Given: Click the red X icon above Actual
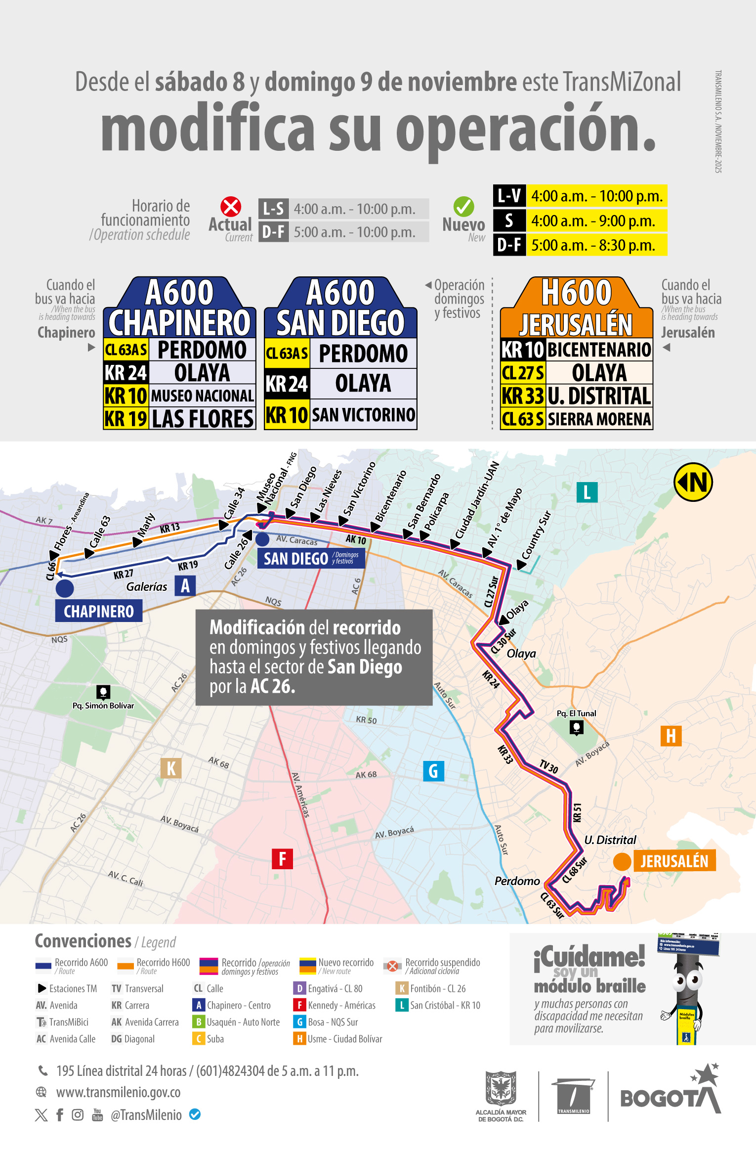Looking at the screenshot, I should pyautogui.click(x=231, y=207).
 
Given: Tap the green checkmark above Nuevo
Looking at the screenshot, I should pyautogui.click(x=463, y=207).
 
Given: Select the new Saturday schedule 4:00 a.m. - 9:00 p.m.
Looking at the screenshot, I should pyautogui.click(x=593, y=221).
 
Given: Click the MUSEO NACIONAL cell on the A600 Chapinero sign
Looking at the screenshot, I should pyautogui.click(x=202, y=396).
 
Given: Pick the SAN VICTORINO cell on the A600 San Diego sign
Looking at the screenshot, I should pyautogui.click(x=363, y=414).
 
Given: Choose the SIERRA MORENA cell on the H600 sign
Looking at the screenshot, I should pyautogui.click(x=599, y=419).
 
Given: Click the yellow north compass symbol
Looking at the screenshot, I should pyautogui.click(x=693, y=482).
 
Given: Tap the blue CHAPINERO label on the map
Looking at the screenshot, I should pyautogui.click(x=98, y=611).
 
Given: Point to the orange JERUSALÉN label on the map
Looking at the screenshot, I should pyautogui.click(x=674, y=861).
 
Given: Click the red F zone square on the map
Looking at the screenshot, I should pyautogui.click(x=283, y=859).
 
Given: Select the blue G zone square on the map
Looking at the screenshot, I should pyautogui.click(x=433, y=771).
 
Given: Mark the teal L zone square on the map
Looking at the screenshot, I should pyautogui.click(x=587, y=492).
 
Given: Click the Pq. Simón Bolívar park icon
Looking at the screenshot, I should pyautogui.click(x=103, y=692).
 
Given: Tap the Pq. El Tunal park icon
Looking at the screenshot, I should pyautogui.click(x=576, y=727).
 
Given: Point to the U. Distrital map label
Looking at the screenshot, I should pyautogui.click(x=610, y=840).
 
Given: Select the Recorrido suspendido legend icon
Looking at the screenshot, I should pyautogui.click(x=392, y=966).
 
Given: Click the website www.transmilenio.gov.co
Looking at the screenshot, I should pyautogui.click(x=118, y=1092).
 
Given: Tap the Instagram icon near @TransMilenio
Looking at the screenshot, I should pyautogui.click(x=78, y=1115).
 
